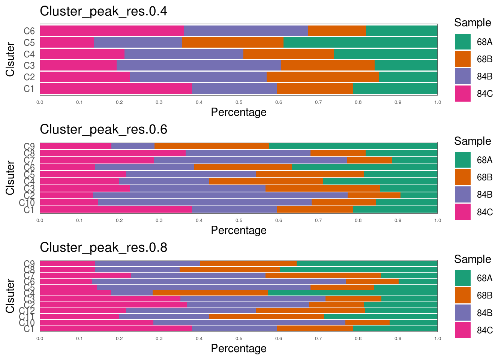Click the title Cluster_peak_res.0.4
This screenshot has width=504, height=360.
[x=103, y=11]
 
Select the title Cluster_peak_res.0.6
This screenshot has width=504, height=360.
[x=103, y=129]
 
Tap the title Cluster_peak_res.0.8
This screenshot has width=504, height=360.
[x=103, y=247]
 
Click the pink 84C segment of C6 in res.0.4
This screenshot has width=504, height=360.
[x=112, y=31]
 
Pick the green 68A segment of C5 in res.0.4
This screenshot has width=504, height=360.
[x=360, y=42]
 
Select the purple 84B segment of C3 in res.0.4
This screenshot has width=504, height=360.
[x=199, y=65]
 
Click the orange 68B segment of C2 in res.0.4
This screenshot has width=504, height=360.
[x=323, y=77]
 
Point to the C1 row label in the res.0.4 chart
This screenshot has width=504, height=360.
[x=29, y=89]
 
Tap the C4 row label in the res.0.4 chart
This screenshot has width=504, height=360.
[x=29, y=54]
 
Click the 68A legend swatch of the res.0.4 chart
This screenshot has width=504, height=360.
[x=462, y=42]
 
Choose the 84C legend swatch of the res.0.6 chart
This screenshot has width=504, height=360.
[x=462, y=212]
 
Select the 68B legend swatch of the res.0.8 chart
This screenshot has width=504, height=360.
[x=462, y=295]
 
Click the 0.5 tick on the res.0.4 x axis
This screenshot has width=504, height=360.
[x=238, y=102]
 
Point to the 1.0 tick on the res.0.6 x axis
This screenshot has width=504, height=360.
[x=437, y=220]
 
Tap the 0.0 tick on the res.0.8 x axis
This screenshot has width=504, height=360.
[x=40, y=339]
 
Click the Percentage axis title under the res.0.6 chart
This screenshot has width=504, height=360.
[x=238, y=230]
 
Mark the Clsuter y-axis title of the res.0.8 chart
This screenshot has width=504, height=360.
[x=10, y=296]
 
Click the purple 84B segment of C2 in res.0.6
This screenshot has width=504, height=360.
[x=220, y=195]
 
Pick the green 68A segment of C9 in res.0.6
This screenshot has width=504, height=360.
[x=353, y=146]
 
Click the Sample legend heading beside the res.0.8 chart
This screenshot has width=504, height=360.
[x=472, y=259]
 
